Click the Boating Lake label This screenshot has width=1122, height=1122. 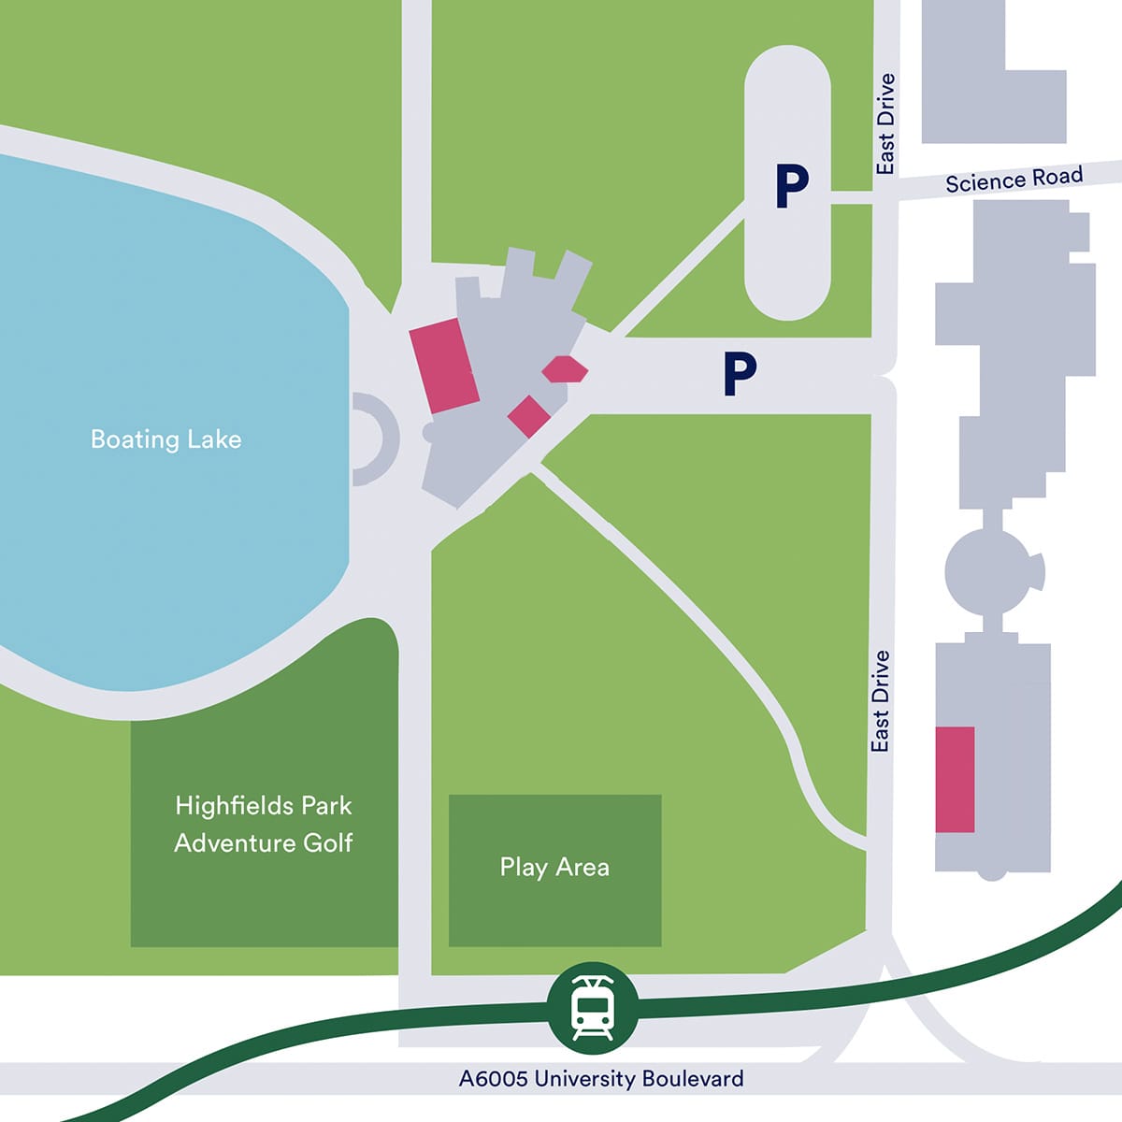click(x=165, y=439)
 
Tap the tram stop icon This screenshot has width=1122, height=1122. click(x=592, y=1008)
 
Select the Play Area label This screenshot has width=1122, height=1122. click(x=554, y=868)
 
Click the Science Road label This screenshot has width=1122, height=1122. click(x=1014, y=179)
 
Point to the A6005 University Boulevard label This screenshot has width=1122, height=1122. click(x=601, y=1078)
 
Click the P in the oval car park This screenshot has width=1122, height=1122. click(x=791, y=187)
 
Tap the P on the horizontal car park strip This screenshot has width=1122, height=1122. click(x=739, y=374)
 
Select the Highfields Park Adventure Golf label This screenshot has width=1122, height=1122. click(x=264, y=824)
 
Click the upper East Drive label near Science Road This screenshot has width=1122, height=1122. click(x=885, y=124)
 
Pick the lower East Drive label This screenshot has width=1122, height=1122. click(x=879, y=701)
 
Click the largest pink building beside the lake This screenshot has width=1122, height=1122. click(x=444, y=365)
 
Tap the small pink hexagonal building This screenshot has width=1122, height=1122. click(x=565, y=369)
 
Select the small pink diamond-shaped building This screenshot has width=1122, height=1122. click(x=528, y=415)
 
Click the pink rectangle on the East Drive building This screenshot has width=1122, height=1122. click(x=956, y=779)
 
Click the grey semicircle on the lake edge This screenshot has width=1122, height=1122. click(x=374, y=439)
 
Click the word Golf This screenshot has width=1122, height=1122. click(x=327, y=842)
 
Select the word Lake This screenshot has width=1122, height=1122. click(x=213, y=439)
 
